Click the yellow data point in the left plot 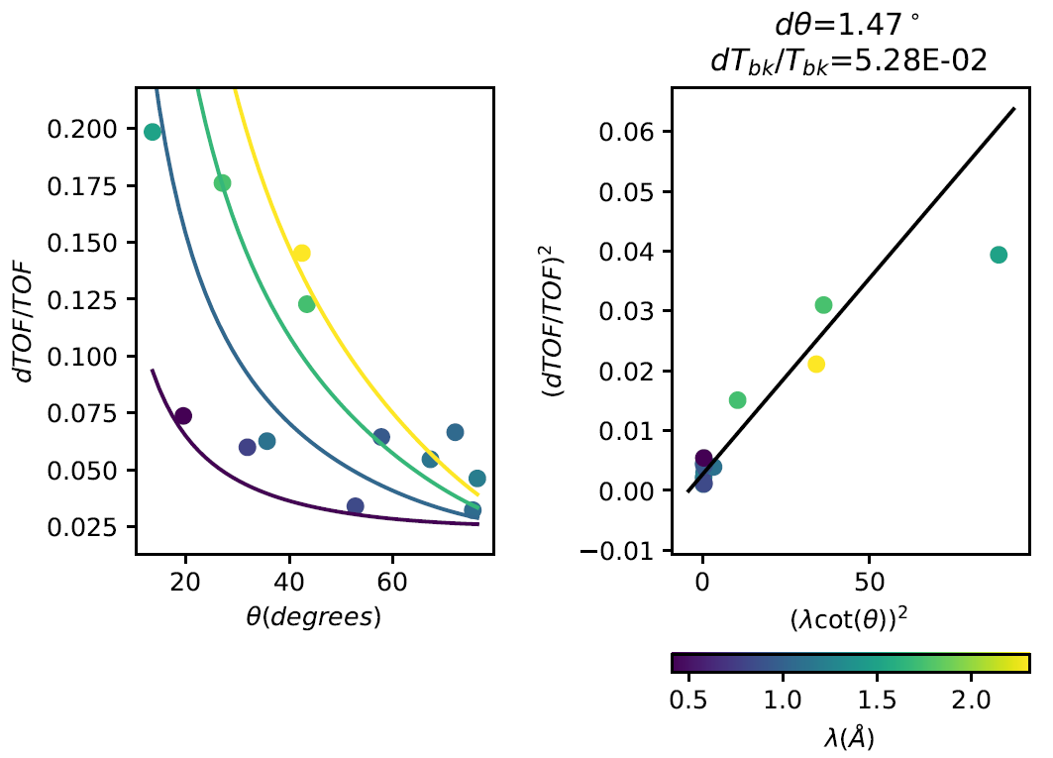coord(301,253)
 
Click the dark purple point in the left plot coord(182,416)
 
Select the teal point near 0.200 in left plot coord(153,132)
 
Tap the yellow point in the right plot coord(816,365)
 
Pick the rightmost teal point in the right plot coord(999,255)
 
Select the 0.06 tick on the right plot coord(630,132)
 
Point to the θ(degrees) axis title coord(314,616)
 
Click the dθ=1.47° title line coord(850,24)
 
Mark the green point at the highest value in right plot coord(823,305)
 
